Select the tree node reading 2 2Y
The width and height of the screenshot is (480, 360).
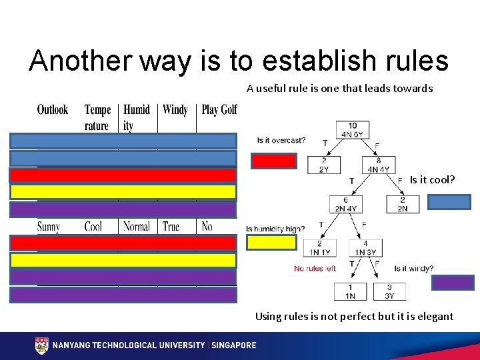point(323,165)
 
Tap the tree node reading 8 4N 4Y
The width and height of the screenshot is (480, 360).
point(379,165)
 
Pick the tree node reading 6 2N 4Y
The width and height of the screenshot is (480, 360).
point(345,205)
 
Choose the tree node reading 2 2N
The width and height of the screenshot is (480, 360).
point(402,205)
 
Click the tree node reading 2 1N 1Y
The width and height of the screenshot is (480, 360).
point(320,248)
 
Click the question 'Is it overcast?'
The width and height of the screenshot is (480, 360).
point(281,140)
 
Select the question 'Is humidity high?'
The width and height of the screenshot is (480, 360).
point(275,229)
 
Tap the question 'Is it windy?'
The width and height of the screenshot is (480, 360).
point(413,269)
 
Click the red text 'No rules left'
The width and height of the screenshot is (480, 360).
point(315,269)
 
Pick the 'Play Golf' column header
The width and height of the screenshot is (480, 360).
point(219,110)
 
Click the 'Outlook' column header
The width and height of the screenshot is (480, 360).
point(52,110)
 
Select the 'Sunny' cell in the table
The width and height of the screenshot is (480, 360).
point(48,227)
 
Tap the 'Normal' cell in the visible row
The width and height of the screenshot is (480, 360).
point(137,227)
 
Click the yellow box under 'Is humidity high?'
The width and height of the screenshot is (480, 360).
point(271,243)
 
